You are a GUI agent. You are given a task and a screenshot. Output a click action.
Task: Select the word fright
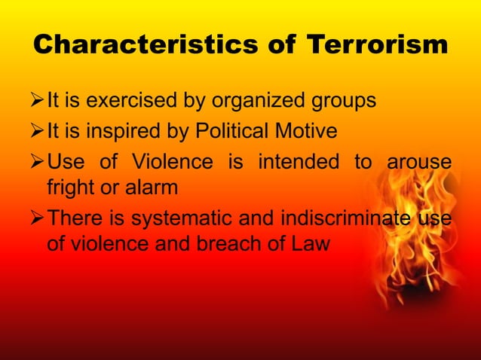coord(72,185)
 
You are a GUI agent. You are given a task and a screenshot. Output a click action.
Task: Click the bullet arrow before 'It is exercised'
coord(37,100)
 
